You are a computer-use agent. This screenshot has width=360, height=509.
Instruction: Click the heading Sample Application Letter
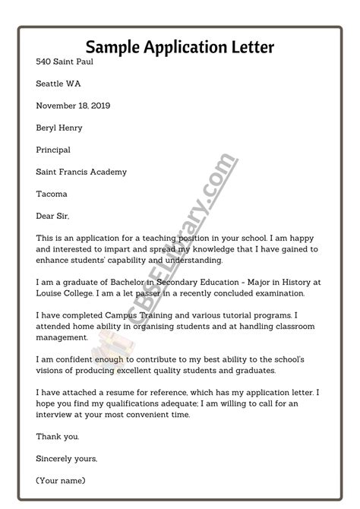(180, 48)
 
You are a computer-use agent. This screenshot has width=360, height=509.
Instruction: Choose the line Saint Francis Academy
(81, 172)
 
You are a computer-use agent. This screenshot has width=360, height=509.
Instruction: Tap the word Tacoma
(52, 194)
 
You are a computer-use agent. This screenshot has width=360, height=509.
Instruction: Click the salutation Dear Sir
(52, 216)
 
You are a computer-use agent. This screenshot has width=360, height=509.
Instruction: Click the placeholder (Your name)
(61, 480)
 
